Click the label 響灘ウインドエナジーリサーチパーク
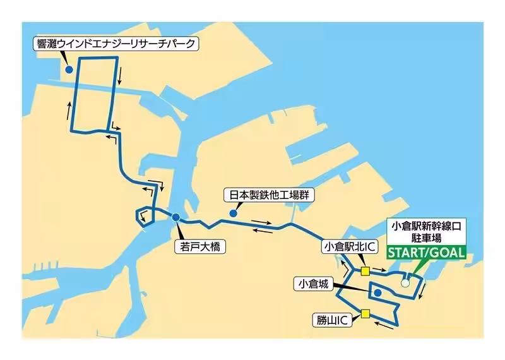(x=117, y=44)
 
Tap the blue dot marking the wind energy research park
(x=69, y=69)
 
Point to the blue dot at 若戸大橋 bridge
(x=175, y=218)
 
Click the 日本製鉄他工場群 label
(x=269, y=196)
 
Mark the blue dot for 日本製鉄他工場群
(x=234, y=214)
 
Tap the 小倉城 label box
(x=314, y=284)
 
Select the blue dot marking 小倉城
(x=377, y=293)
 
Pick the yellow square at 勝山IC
(x=365, y=313)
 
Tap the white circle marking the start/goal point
(x=405, y=283)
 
